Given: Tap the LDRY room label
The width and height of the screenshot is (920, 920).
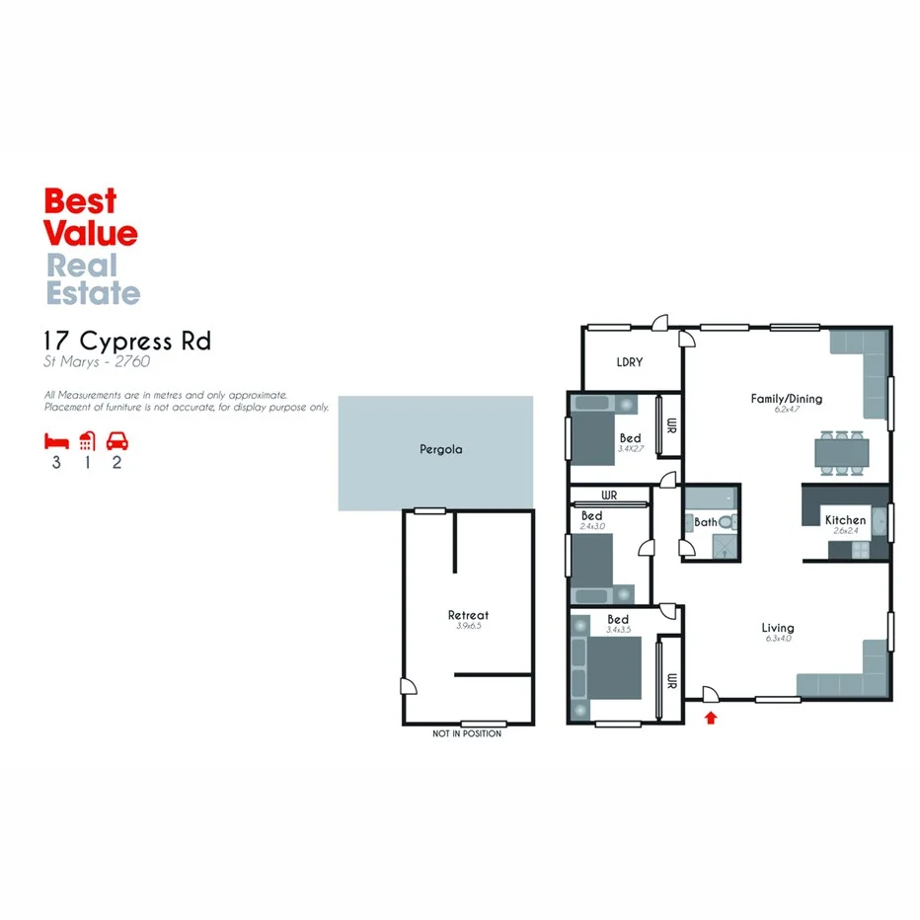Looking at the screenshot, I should point(629,362).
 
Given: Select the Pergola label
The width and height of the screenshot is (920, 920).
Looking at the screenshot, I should point(440,449).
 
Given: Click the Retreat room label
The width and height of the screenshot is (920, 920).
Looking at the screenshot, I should point(468,615).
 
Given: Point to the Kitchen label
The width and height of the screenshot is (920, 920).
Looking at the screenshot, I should point(845,520).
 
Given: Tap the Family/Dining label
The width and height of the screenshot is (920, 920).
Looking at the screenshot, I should point(786,399).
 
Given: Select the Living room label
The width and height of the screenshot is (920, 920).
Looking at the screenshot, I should point(778,628).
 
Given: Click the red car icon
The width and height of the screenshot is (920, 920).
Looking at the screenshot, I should point(117,440).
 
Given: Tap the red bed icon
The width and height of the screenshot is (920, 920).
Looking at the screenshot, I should point(56,440).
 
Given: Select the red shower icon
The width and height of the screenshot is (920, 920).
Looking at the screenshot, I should point(87,440).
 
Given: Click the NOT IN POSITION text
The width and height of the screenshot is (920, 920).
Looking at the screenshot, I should point(467,733).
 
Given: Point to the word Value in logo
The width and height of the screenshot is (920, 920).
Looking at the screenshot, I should point(91,233).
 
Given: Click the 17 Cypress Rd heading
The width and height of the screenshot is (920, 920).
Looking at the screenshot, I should point(127,342).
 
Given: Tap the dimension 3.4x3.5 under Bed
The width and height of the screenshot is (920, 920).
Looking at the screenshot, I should point(618,630).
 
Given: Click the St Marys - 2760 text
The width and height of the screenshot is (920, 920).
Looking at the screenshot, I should point(97,362).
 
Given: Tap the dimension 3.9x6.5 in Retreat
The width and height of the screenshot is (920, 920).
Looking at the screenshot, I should point(468,626).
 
